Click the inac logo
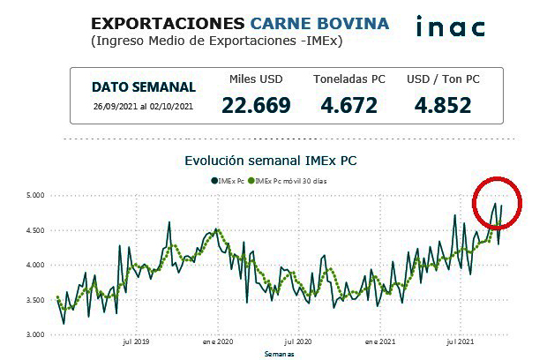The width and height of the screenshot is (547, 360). [450, 26]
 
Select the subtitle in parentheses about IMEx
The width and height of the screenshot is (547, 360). [217, 41]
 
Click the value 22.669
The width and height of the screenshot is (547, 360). [256, 106]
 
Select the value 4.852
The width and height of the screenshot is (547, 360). [441, 106]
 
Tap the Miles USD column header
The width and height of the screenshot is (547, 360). [256, 79]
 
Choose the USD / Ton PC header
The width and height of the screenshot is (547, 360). [441, 79]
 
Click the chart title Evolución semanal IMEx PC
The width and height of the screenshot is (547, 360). [271, 161]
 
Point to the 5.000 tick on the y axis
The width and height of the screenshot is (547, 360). [36, 196]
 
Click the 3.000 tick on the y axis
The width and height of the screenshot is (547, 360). [36, 334]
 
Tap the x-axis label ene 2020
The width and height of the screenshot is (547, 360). [217, 341]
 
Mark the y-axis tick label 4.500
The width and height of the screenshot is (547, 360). [36, 230]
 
